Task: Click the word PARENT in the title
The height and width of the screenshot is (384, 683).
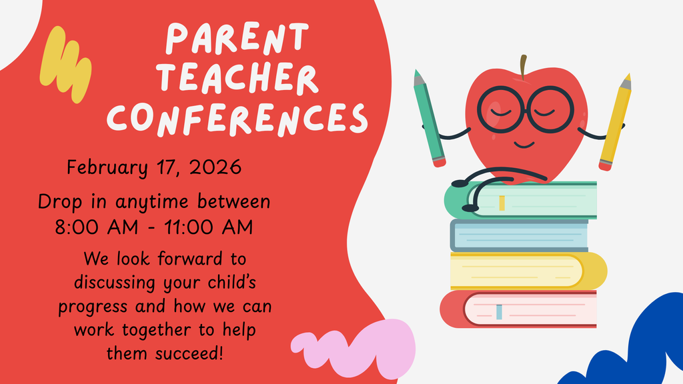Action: point(237,39)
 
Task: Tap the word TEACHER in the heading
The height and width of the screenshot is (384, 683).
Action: point(241,79)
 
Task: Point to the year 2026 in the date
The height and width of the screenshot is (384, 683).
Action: point(215,167)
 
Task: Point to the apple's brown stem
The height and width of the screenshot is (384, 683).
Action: point(524,65)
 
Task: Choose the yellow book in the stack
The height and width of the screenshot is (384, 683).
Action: point(527,270)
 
